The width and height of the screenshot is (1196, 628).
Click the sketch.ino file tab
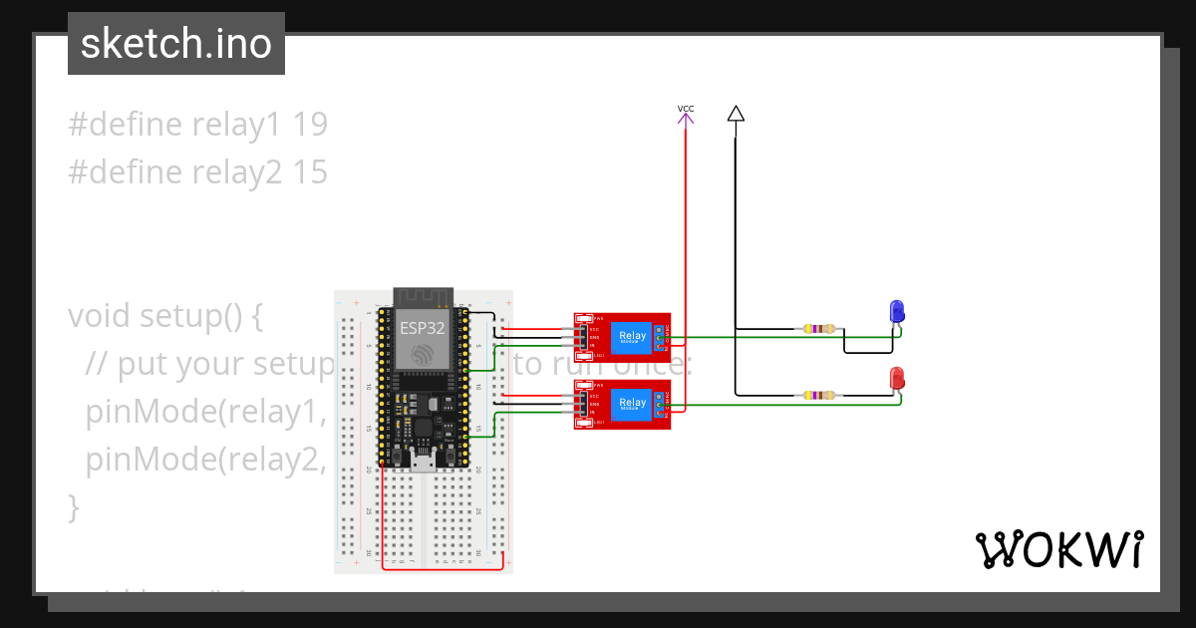point(175,44)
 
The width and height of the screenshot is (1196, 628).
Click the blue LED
point(897,311)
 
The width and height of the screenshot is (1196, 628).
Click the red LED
point(897,378)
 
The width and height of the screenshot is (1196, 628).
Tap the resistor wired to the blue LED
point(819,328)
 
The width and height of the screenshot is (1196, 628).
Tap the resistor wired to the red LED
point(819,395)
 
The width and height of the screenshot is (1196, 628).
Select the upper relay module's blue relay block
point(632,337)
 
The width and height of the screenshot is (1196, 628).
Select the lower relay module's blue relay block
point(632,404)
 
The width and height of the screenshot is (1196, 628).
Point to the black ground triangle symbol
point(736,113)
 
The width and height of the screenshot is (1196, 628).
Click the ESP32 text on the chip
point(423,328)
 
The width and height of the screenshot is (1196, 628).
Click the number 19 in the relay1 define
point(311,125)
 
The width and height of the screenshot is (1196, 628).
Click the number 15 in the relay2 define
point(311,172)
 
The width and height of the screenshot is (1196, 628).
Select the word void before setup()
point(100,316)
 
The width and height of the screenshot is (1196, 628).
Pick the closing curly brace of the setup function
point(74,507)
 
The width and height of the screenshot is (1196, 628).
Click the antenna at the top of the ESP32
point(423,297)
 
